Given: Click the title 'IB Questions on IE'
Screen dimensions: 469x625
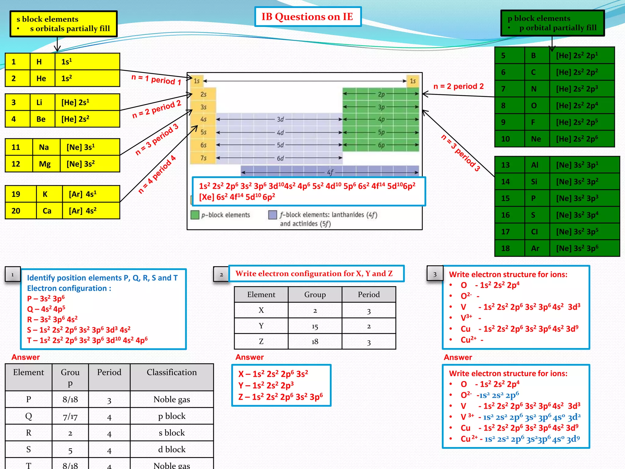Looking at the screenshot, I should tap(307, 17).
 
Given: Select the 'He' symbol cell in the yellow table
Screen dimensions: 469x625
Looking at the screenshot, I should tap(41, 78).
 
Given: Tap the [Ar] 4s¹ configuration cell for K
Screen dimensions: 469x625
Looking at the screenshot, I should tap(90, 194).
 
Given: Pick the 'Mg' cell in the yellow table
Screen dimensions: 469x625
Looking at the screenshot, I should tap(45, 164).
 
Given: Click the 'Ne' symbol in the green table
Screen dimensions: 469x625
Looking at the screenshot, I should tap(536, 139).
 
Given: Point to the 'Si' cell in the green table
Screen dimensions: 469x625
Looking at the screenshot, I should tap(534, 182).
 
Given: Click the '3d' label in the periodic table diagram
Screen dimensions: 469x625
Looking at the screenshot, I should tap(280, 119).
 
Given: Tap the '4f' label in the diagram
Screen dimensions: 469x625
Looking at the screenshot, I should tap(330, 173).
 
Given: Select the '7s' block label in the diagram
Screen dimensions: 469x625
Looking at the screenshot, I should tap(203, 158).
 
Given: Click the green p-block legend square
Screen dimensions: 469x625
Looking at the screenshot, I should tap(195, 215).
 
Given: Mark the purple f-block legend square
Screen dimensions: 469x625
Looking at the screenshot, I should tap(273, 215).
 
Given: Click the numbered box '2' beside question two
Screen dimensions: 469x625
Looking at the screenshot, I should tap(221, 274).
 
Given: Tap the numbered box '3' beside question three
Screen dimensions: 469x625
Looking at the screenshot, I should tap(435, 274).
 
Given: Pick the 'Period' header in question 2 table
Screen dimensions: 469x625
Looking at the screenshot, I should tap(369, 295).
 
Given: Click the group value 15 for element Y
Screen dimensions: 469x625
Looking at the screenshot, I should tap(315, 326).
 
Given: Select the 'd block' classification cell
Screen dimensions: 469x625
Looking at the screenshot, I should tap(172, 449).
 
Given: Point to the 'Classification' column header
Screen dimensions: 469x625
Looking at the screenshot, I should tap(172, 372).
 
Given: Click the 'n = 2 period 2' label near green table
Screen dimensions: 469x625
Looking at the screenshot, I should tap(458, 86).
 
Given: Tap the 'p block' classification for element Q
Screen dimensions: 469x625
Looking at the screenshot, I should tap(172, 416).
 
